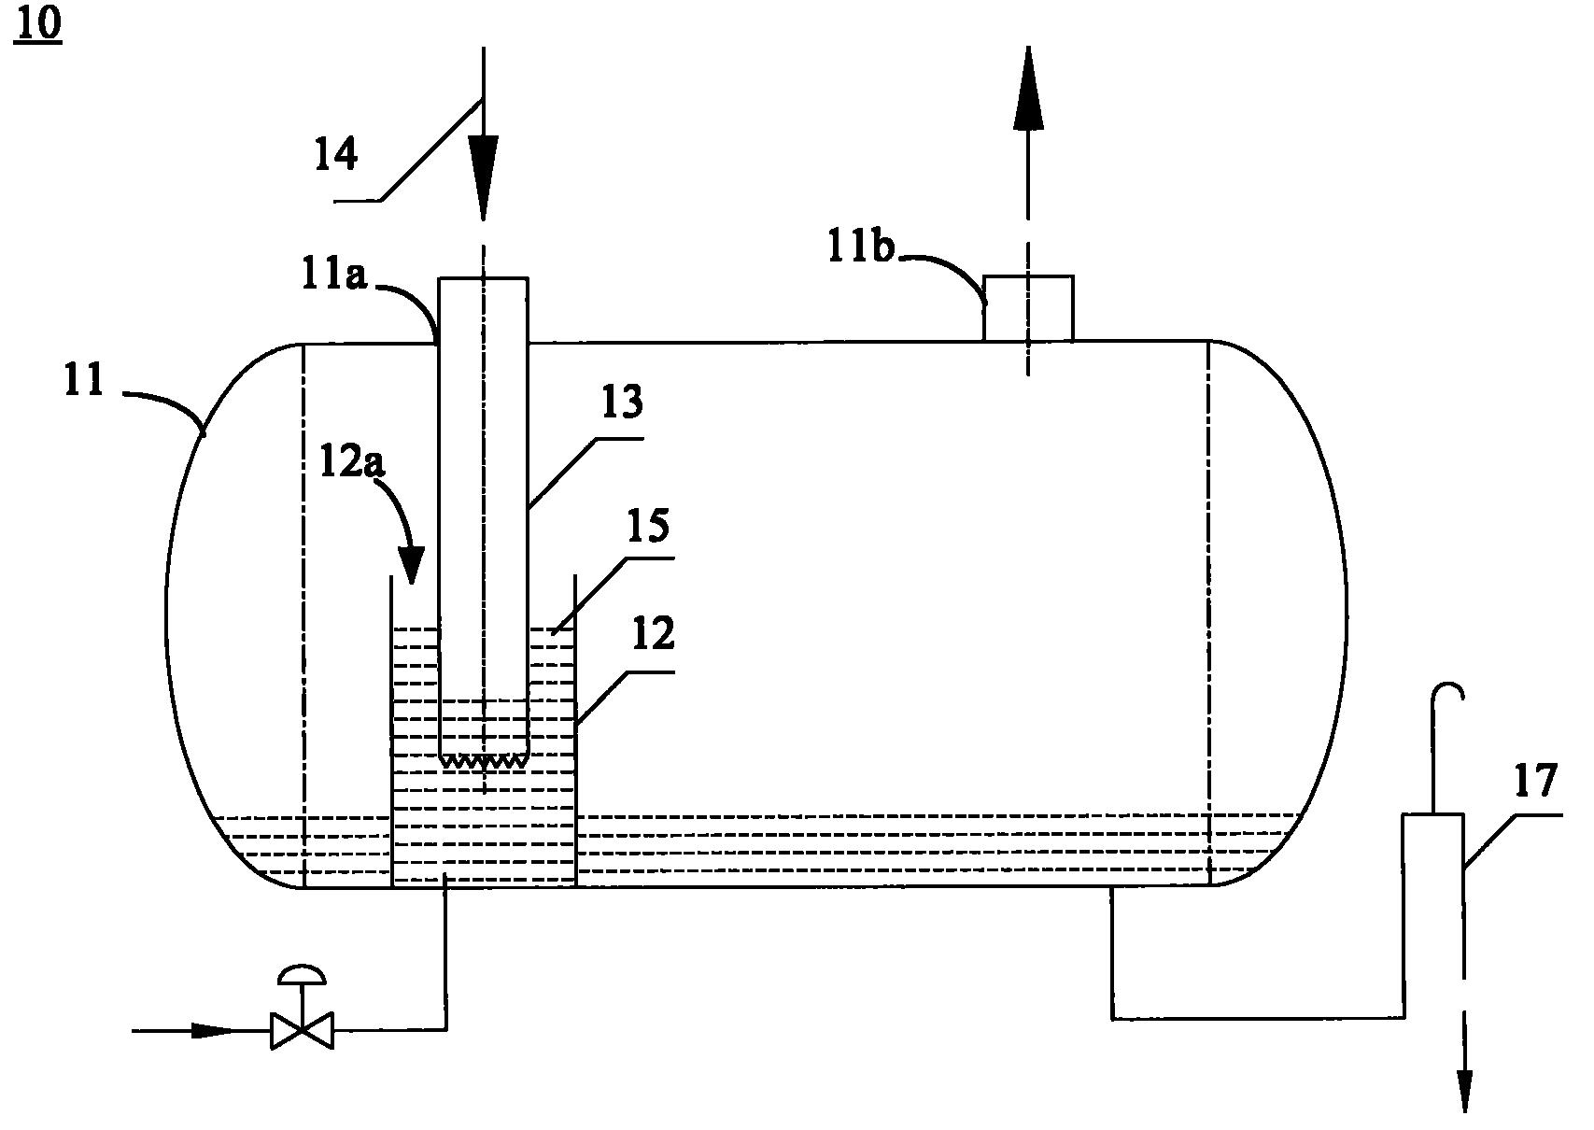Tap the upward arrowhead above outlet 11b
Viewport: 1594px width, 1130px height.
1027,89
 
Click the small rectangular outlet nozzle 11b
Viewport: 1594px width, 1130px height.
1028,308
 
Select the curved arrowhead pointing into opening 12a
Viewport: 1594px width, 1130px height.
410,565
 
